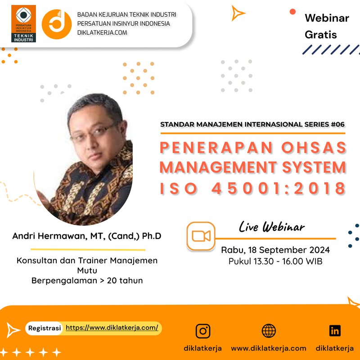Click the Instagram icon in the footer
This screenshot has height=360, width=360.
click(203, 331)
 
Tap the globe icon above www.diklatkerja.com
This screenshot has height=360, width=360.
click(269, 331)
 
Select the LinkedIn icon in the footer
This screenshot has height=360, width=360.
click(335, 331)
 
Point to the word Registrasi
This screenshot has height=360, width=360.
click(45, 328)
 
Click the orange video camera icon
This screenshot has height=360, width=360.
click(201, 236)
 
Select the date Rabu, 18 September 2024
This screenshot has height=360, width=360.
click(275, 250)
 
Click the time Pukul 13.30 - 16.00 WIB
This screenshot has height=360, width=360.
click(275, 261)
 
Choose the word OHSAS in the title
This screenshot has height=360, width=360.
click(315, 148)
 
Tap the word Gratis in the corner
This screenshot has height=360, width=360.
click(320, 34)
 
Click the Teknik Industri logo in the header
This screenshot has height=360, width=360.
click(23, 23)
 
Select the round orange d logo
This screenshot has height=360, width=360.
click(57, 24)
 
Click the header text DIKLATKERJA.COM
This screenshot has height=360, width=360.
click(102, 32)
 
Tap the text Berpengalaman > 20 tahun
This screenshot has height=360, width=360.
click(87, 280)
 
